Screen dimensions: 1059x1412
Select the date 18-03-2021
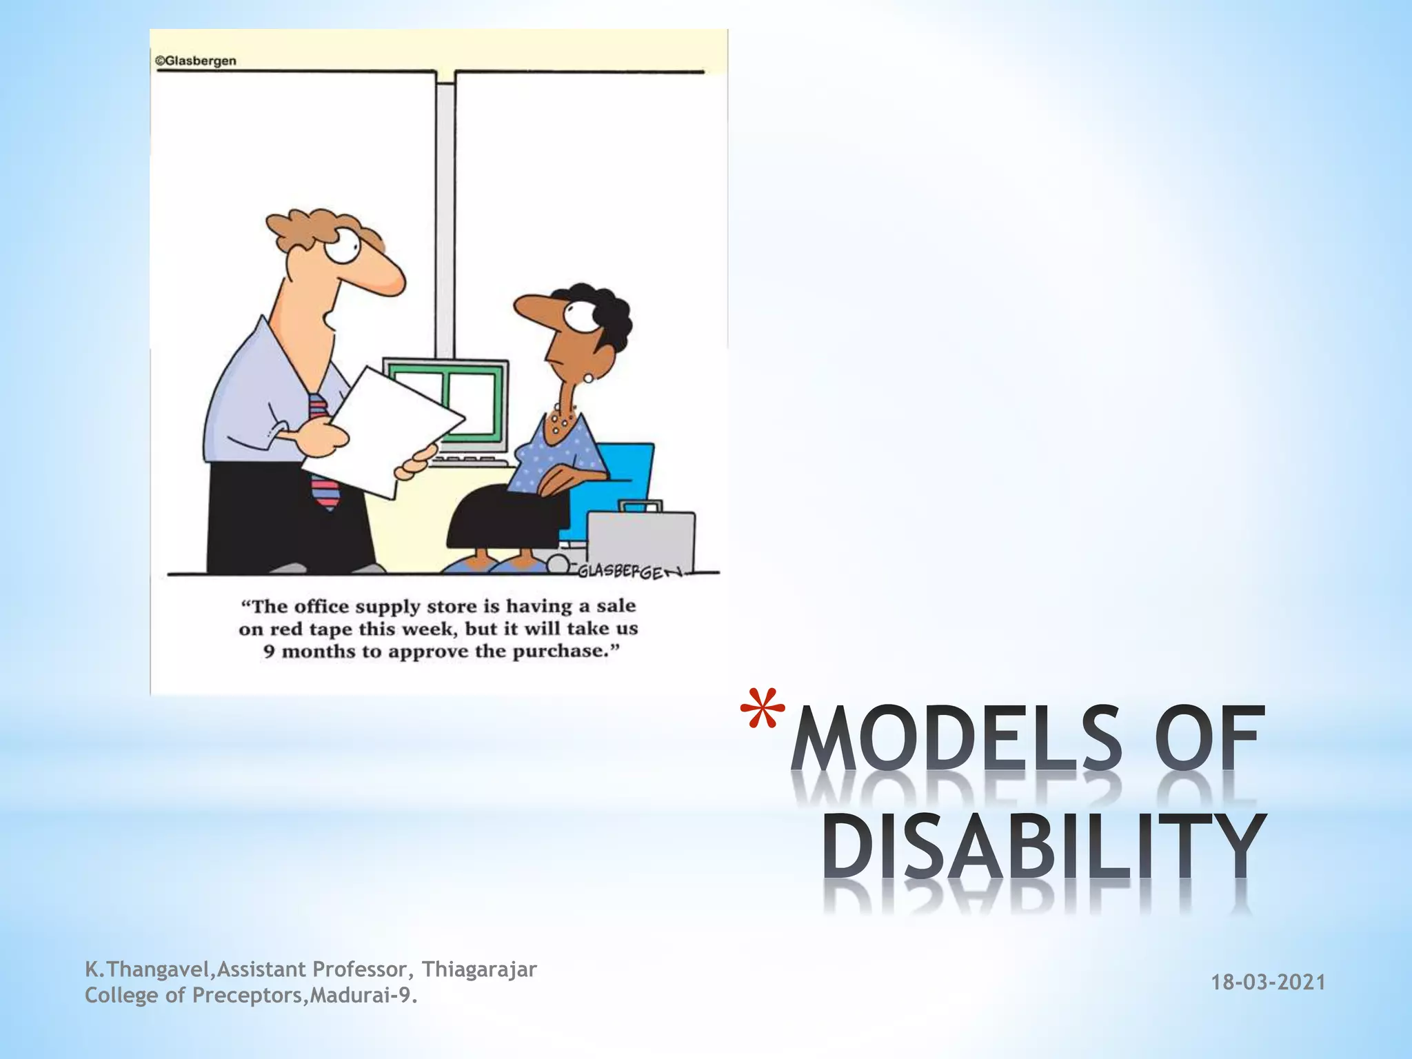1269,982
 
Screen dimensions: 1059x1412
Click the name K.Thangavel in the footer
147,969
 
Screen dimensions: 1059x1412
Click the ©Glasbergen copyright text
196,61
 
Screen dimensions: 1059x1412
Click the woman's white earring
588,379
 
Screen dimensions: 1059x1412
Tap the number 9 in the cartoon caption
270,652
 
